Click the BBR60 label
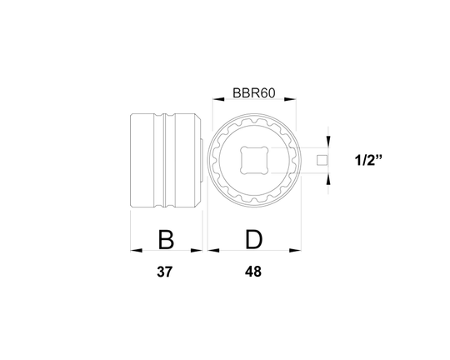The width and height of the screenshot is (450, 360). click(x=253, y=97)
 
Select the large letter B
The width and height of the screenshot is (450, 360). click(x=166, y=241)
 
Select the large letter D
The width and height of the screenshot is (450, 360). click(x=253, y=241)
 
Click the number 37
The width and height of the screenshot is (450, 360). click(x=167, y=272)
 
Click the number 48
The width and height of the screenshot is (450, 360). click(x=254, y=272)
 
